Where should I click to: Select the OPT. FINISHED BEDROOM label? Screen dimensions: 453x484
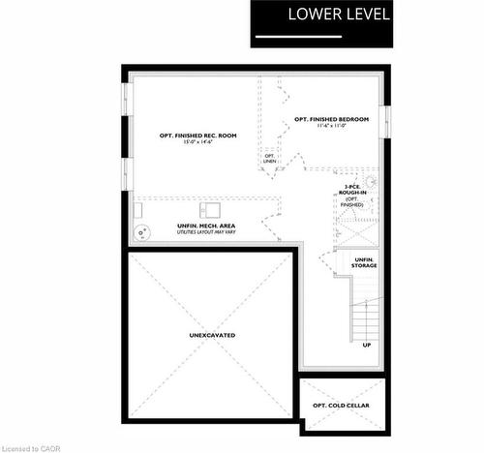[x=332, y=119]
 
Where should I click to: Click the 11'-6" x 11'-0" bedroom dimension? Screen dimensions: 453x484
[x=332, y=127]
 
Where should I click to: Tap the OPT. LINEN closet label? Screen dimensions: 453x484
[x=269, y=159]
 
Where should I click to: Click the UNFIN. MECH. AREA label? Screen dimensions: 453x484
[x=206, y=226]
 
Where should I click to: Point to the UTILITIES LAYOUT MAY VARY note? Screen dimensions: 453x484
[x=206, y=233]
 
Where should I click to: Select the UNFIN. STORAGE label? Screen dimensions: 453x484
[x=364, y=262]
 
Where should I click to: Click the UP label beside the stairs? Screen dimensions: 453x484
[x=367, y=345]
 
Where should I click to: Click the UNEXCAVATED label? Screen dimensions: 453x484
[x=212, y=335]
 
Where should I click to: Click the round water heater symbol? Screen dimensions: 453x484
[x=143, y=230]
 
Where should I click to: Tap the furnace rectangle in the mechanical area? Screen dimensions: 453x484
[x=210, y=209]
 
